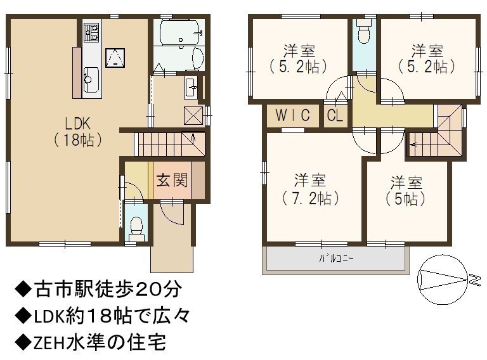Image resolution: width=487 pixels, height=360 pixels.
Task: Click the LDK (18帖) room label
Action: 77,132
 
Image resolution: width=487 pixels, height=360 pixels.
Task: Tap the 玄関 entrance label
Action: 172,180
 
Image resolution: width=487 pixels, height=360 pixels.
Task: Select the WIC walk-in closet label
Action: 292,115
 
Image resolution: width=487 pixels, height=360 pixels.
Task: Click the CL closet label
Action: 335,115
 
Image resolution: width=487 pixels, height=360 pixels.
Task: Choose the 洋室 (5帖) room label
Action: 406,191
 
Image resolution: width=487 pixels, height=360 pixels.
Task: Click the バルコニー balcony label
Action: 336,258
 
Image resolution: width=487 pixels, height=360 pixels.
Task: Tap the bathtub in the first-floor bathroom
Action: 180,33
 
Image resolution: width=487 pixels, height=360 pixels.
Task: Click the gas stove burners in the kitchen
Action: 91,32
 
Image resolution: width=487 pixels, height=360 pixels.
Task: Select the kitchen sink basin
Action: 91,80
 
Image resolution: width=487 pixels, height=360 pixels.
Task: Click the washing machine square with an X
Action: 193,115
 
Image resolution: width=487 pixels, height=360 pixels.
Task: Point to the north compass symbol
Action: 443,280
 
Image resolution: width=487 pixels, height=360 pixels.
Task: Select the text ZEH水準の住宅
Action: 90,342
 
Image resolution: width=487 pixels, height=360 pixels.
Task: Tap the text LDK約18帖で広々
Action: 102,316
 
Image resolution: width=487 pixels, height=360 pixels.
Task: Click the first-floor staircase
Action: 169,144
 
